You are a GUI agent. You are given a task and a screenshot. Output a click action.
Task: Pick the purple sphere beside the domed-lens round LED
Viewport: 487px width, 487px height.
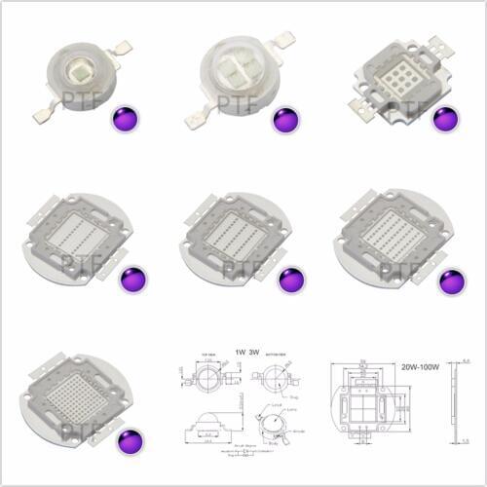(x=285, y=120)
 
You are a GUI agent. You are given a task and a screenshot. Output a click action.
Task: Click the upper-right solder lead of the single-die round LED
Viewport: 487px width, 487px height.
(x=122, y=46)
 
